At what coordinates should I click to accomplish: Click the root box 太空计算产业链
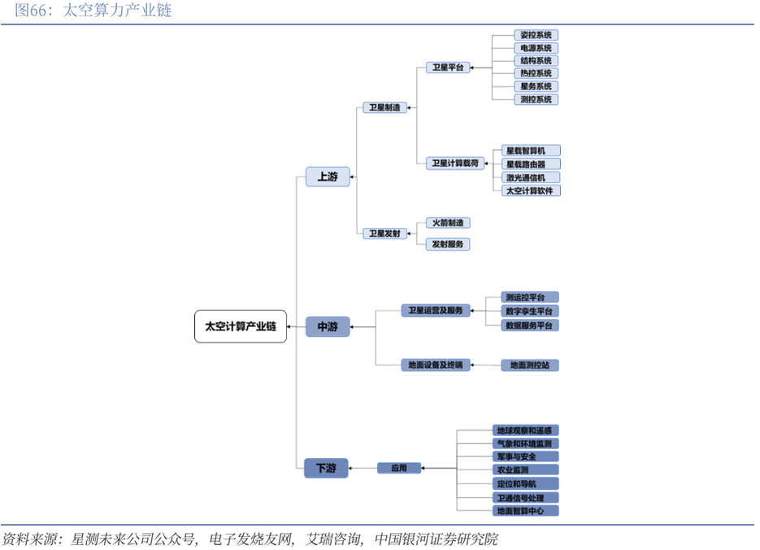coord(241,326)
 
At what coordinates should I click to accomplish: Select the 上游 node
coord(328,177)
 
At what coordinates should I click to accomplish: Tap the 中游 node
coord(328,327)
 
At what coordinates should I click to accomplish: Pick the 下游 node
coord(326,468)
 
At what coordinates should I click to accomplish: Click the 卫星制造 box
coord(384,107)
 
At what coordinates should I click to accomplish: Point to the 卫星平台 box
coord(448,68)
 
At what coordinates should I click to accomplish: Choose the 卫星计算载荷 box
coord(455,164)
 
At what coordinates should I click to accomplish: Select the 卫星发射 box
coord(384,234)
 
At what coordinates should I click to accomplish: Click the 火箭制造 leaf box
coord(448,223)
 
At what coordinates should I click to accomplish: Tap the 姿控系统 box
coord(536,35)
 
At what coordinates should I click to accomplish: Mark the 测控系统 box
coord(536,99)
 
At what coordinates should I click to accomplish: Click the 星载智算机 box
coord(531,151)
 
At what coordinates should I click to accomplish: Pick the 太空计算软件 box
coord(531,190)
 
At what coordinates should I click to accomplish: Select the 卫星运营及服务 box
coord(435,311)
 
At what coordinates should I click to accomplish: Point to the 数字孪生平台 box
coord(531,311)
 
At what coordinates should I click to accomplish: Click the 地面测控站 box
coord(529,365)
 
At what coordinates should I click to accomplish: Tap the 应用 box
coord(399,468)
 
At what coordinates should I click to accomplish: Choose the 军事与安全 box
coord(526,456)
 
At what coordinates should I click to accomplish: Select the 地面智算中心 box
coord(526,511)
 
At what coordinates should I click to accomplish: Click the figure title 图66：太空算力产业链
coord(88,11)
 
